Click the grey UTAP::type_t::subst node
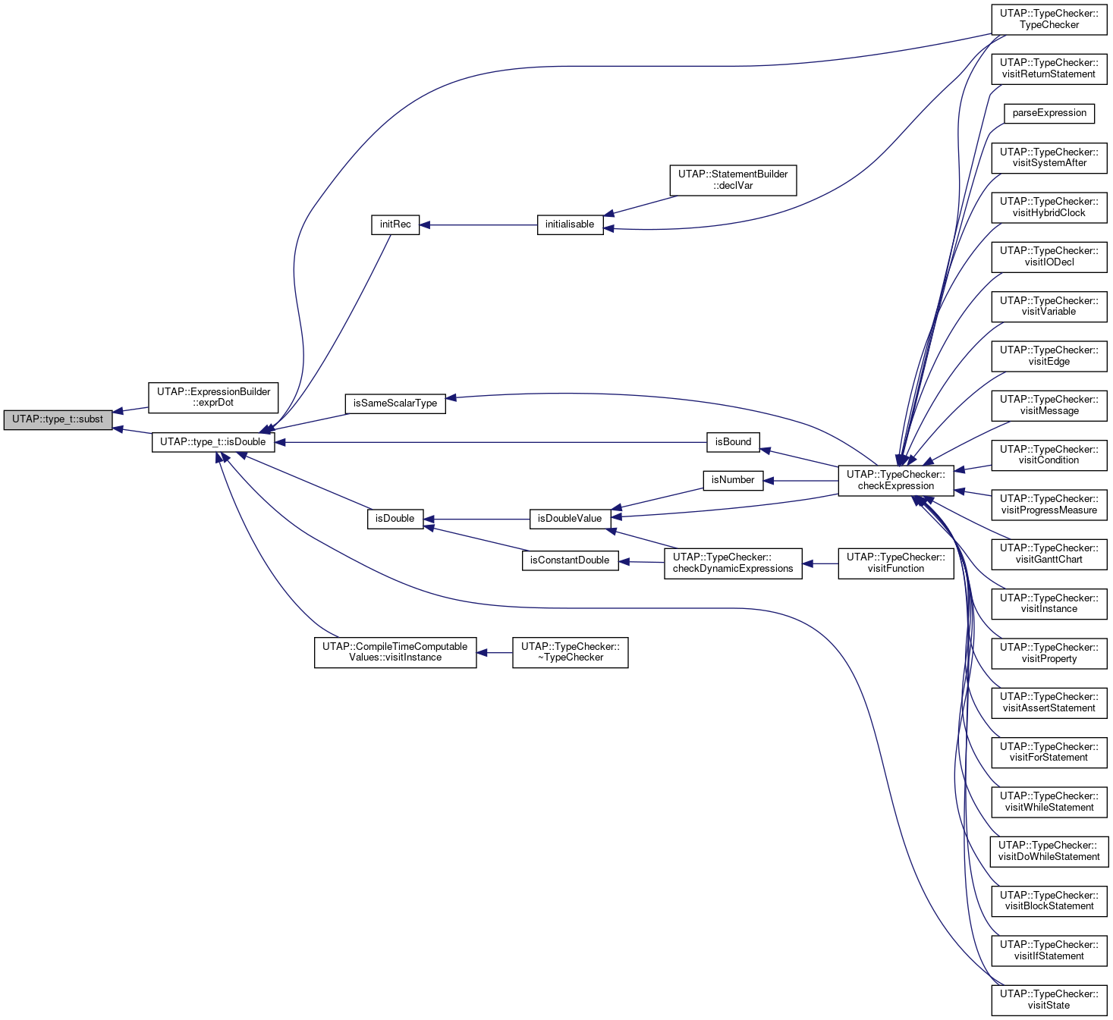[x=58, y=420]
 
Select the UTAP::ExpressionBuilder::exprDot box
[x=213, y=397]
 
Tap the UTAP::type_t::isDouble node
[x=213, y=443]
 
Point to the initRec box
[x=395, y=224]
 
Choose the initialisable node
[x=570, y=224]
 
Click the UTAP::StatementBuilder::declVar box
[x=733, y=180]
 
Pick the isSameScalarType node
[x=395, y=403]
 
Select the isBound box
[x=733, y=443]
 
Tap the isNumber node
[x=733, y=481]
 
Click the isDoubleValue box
[x=570, y=519]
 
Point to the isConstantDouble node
[x=570, y=561]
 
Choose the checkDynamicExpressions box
[x=733, y=564]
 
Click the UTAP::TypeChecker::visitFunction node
[x=895, y=564]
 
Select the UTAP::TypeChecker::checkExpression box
[x=895, y=481]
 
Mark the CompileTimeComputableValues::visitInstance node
[x=395, y=653]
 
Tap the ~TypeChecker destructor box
[x=570, y=653]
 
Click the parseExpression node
[x=1049, y=114]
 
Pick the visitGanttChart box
[x=1049, y=554]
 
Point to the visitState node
[x=1049, y=1000]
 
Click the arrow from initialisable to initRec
[x=478, y=225]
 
